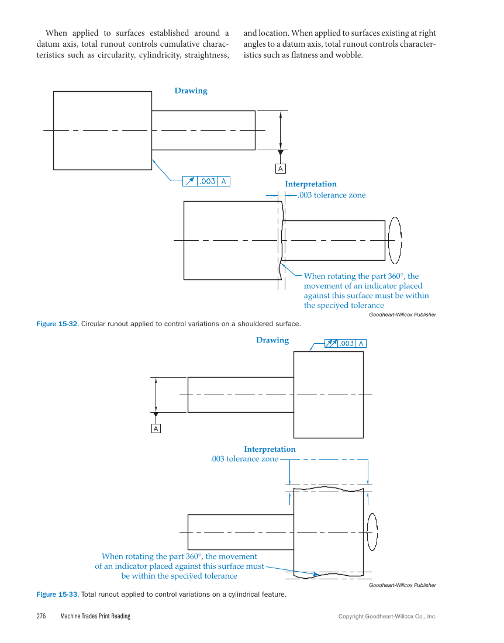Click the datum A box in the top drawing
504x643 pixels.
click(x=281, y=169)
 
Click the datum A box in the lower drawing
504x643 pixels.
click(x=156, y=429)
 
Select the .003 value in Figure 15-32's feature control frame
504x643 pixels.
click(x=208, y=181)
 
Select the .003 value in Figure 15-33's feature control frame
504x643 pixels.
click(x=347, y=343)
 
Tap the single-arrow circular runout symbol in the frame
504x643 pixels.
click(x=189, y=181)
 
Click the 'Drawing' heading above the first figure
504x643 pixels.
click(x=191, y=91)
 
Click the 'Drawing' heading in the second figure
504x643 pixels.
click(x=272, y=340)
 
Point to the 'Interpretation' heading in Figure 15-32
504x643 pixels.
click(x=310, y=184)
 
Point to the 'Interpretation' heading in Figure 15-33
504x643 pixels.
click(x=270, y=449)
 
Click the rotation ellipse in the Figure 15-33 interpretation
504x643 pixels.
click(x=371, y=532)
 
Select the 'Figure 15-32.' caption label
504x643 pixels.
click(x=57, y=323)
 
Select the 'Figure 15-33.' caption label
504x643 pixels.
click(x=57, y=594)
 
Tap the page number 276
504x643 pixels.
click(x=41, y=616)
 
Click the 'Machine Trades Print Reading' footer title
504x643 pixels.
click(x=95, y=616)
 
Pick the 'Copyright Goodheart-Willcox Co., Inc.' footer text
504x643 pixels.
click(x=387, y=616)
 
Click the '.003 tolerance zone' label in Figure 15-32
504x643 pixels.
click(x=332, y=195)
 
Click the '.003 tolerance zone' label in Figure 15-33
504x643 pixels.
click(x=244, y=459)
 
